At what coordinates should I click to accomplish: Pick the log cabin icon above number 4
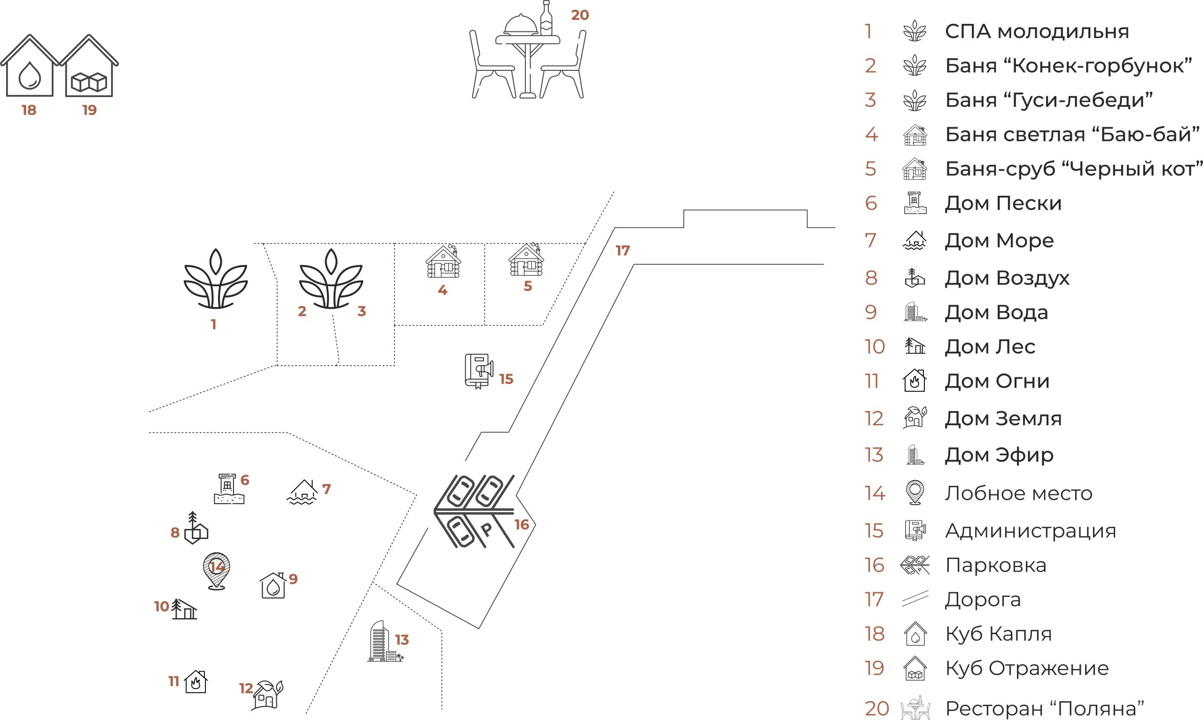(443, 262)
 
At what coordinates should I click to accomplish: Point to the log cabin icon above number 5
(526, 260)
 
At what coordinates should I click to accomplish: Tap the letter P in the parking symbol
(486, 529)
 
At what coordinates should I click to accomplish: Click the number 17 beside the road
(622, 251)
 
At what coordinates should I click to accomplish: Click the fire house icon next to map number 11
(196, 682)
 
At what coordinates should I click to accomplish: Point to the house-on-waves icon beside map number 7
(303, 492)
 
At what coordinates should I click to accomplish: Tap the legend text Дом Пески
(1003, 203)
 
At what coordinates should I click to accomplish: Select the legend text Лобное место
(1018, 493)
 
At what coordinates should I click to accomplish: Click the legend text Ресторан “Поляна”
(1045, 708)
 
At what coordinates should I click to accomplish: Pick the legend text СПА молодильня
(1037, 32)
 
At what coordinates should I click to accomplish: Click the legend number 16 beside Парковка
(874, 565)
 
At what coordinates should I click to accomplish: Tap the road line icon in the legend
(915, 599)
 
